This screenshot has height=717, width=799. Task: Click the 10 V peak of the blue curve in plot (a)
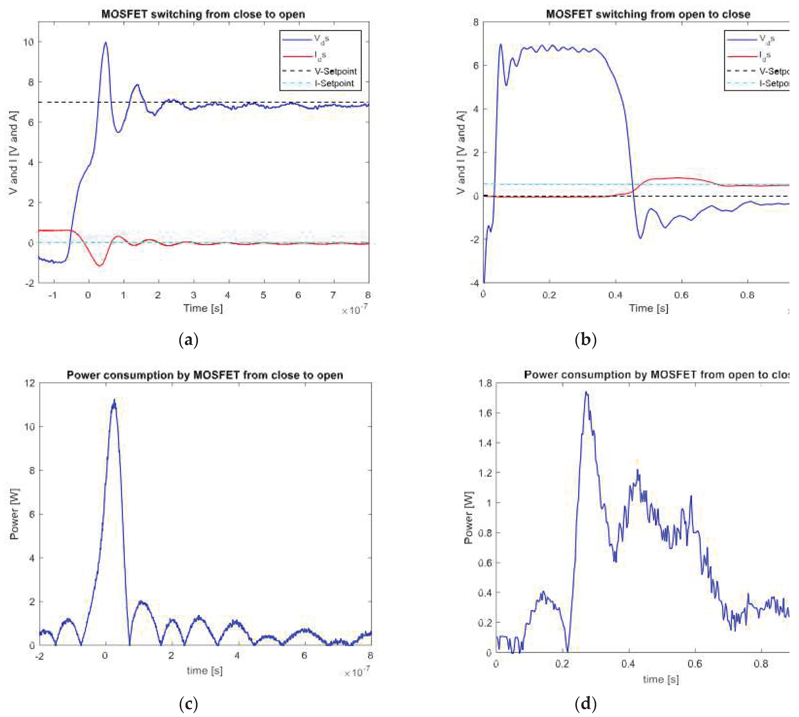(x=105, y=42)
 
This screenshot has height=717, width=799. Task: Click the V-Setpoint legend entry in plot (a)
(x=335, y=71)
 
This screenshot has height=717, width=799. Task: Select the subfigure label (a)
(x=188, y=340)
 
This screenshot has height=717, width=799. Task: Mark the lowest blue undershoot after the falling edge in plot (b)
(x=640, y=238)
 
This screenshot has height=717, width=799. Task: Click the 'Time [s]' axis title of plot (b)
(x=648, y=308)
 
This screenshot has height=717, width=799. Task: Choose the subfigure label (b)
(x=586, y=340)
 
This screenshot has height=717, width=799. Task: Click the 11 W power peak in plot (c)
(x=114, y=401)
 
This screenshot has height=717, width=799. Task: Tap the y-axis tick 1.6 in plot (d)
(x=485, y=413)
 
